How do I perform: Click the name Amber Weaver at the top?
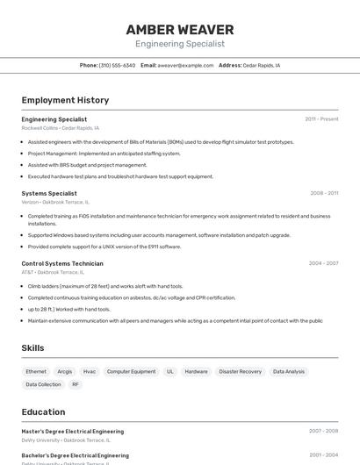(180, 30)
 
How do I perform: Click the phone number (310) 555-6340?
(117, 65)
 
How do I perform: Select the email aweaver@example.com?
(185, 65)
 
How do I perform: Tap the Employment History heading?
(65, 101)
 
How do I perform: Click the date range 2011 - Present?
(321, 119)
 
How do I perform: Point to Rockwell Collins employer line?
(60, 128)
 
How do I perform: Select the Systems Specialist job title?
(49, 193)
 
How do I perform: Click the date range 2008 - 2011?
(324, 193)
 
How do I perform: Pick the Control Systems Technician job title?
(62, 263)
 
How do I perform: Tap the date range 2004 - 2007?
(324, 263)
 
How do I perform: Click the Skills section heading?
(33, 348)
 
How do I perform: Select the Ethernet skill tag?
(36, 372)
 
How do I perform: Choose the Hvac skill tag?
(90, 372)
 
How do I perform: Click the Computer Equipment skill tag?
(131, 372)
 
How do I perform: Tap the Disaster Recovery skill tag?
(240, 372)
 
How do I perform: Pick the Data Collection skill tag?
(43, 384)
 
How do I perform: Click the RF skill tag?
(76, 384)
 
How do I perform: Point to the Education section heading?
(43, 412)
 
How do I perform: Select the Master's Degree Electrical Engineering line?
(72, 432)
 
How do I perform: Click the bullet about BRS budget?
(87, 165)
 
